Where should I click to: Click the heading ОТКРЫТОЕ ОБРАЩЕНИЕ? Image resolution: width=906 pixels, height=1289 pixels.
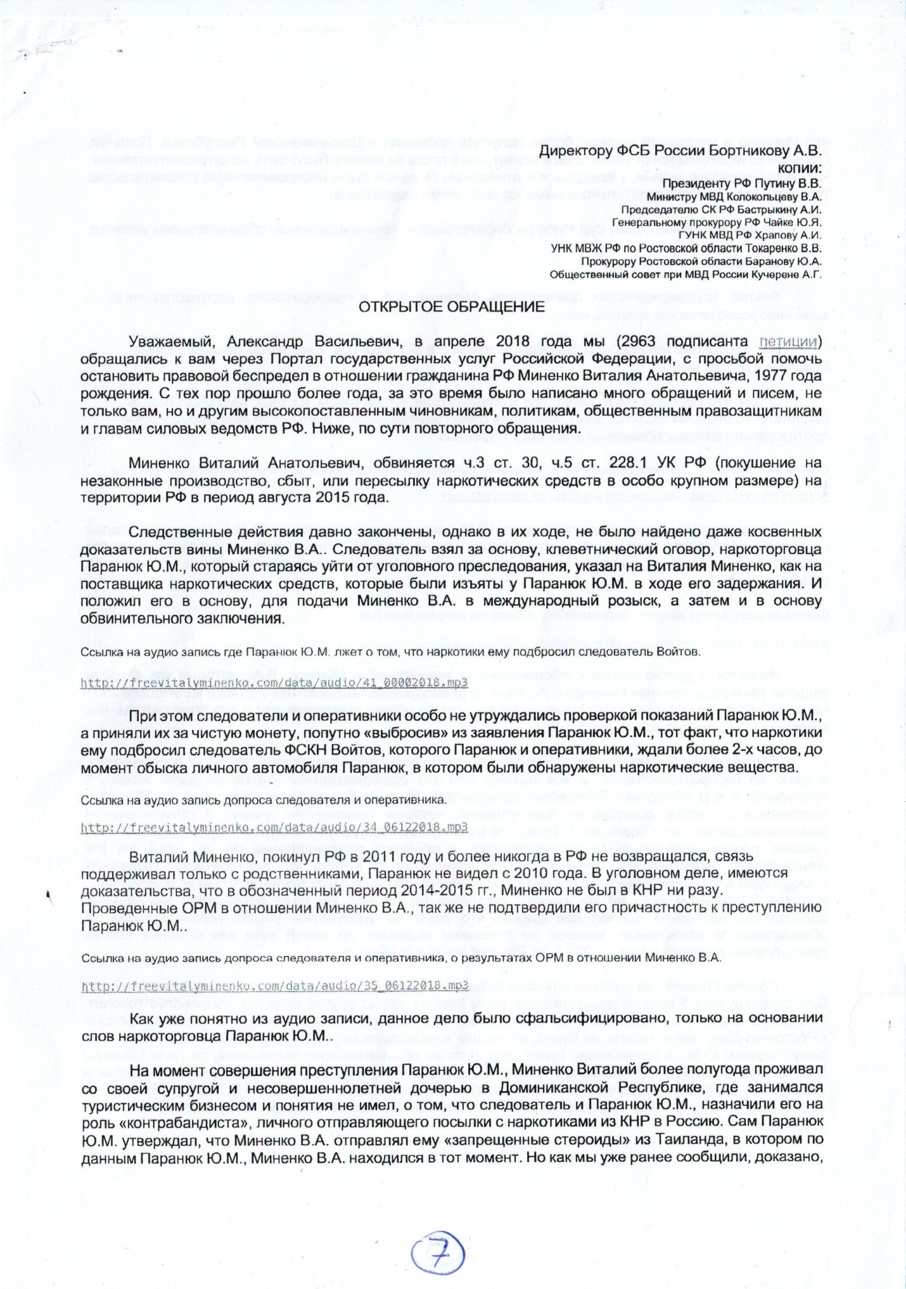[x=452, y=307]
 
